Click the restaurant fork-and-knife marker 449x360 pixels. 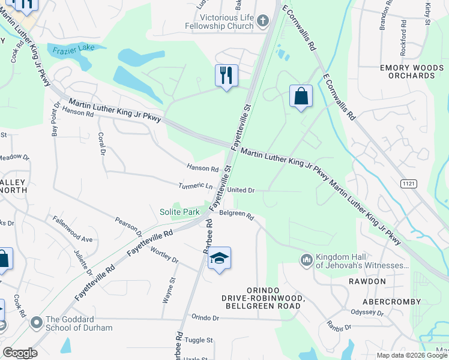226,76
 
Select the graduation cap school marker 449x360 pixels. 220,259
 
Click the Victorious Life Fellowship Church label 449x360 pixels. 219,22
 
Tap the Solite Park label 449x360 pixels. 179,212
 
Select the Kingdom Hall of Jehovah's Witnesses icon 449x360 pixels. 306,260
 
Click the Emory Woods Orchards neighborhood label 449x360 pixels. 411,72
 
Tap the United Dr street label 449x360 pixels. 241,190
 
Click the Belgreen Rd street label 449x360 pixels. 237,215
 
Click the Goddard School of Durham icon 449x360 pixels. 37,323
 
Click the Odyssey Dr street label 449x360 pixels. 367,313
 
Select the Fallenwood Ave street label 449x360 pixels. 72,230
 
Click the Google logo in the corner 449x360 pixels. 20,353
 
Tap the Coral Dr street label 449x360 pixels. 101,145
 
